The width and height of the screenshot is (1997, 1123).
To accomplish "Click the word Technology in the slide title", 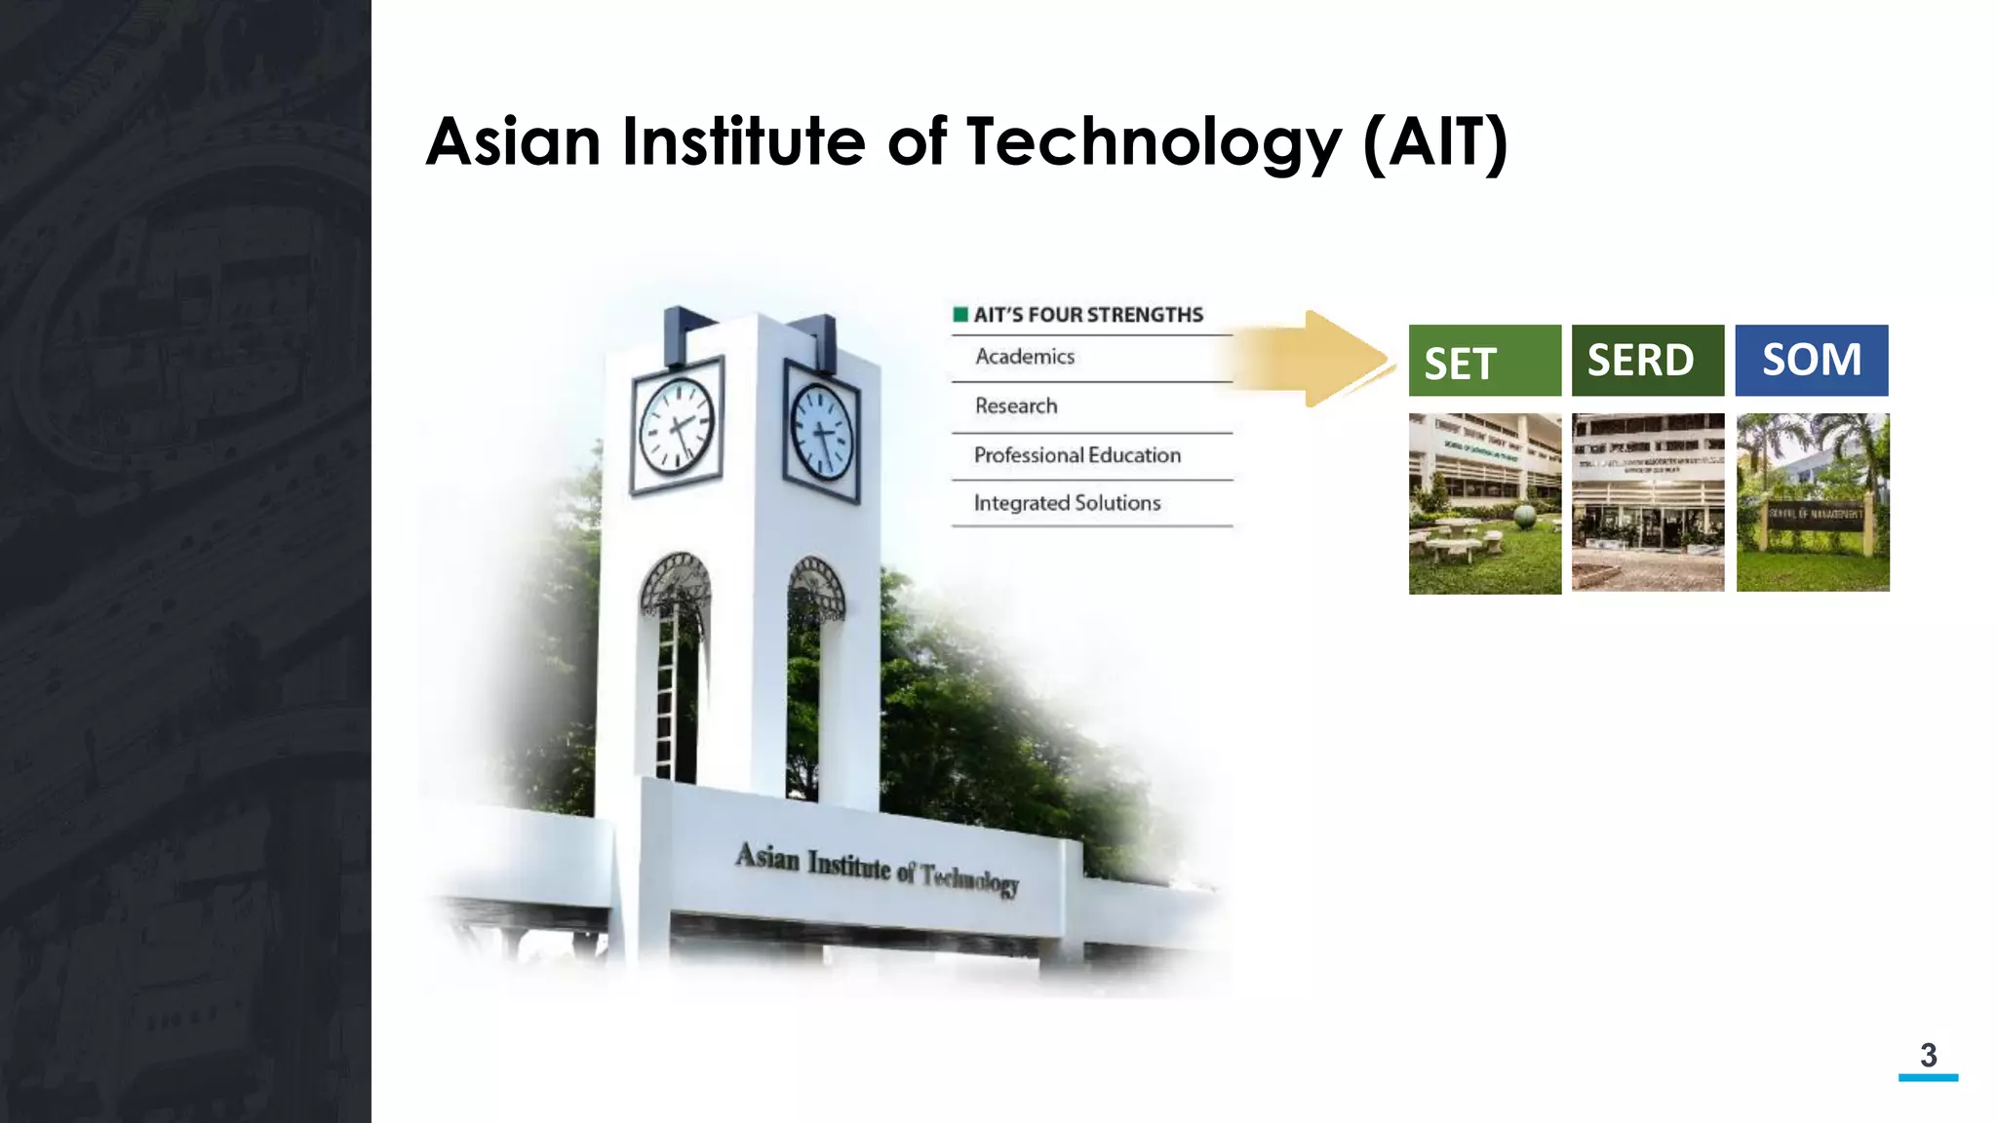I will [1154, 142].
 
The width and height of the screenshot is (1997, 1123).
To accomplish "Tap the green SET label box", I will [1484, 361].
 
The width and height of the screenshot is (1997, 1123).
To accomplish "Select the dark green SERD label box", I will [1647, 361].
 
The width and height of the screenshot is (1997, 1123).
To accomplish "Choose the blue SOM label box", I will [1811, 361].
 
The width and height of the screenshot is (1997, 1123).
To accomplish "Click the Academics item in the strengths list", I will [1025, 357].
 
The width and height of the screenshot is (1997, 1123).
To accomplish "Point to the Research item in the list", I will [1016, 406].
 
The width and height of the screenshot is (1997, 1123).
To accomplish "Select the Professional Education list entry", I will [1077, 455].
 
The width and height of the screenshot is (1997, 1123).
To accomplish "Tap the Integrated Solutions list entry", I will [1067, 503].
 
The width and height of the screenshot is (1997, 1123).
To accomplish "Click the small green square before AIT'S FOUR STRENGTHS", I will [960, 314].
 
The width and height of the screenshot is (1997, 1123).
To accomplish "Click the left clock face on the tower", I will [676, 426].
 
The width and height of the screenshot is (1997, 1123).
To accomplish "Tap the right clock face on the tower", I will [821, 432].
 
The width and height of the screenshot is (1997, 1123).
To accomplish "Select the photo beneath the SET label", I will [1484, 503].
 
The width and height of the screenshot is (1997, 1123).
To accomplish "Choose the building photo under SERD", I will [1647, 502].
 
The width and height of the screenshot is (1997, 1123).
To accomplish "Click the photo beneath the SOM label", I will [1812, 502].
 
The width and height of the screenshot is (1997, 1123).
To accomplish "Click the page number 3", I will [1928, 1055].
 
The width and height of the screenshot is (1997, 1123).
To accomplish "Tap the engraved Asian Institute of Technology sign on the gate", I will [877, 869].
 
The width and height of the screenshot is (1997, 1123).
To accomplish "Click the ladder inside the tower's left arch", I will [666, 692].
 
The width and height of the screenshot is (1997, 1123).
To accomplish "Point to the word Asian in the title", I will [513, 142].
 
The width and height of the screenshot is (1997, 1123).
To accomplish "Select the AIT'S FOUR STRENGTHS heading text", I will [1088, 315].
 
